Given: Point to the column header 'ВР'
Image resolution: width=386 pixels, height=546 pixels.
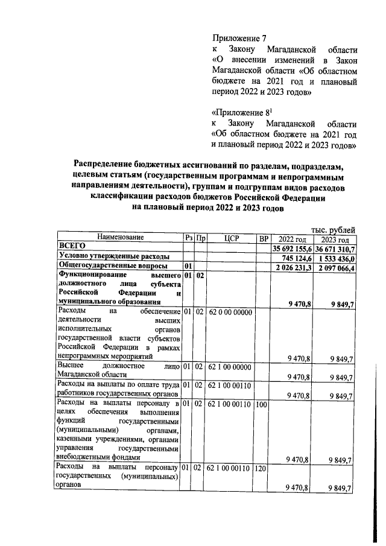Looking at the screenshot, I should tap(262, 238).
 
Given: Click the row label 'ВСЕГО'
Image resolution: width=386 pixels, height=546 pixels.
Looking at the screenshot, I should tap(72, 247).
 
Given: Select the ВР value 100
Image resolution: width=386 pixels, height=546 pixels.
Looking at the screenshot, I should tap(262, 404).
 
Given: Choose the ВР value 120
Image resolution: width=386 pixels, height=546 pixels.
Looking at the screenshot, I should tap(262, 468).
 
